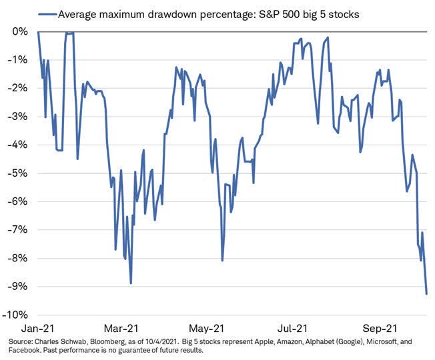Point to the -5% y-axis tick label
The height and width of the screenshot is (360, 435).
(19, 173)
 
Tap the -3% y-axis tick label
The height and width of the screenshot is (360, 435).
(19, 117)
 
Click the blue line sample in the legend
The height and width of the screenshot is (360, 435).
(47, 13)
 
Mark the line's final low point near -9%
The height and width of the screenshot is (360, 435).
(426, 293)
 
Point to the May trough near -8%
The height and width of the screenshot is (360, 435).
(222, 261)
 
